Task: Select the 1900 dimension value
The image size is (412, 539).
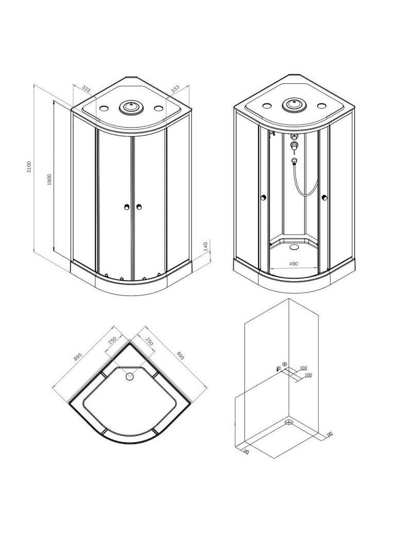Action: [x=49, y=180]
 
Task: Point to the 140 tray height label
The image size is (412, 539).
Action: [x=205, y=246]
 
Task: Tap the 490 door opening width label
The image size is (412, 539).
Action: [x=293, y=264]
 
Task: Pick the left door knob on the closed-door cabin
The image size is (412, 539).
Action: [x=127, y=207]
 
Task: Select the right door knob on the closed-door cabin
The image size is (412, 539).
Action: [x=139, y=207]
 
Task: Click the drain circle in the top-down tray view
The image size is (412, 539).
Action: [x=130, y=376]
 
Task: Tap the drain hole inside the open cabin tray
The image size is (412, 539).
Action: [x=295, y=247]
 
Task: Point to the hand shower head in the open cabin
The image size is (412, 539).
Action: [x=294, y=160]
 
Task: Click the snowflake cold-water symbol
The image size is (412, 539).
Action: [x=284, y=363]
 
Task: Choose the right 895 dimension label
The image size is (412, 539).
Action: [x=181, y=355]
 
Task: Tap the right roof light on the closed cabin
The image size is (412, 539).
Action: [x=159, y=108]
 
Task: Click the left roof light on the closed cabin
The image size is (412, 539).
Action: [x=104, y=108]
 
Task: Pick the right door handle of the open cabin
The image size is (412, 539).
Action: [x=324, y=198]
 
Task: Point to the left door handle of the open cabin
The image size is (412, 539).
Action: [x=264, y=198]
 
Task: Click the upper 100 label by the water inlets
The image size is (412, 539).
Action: [x=303, y=368]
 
